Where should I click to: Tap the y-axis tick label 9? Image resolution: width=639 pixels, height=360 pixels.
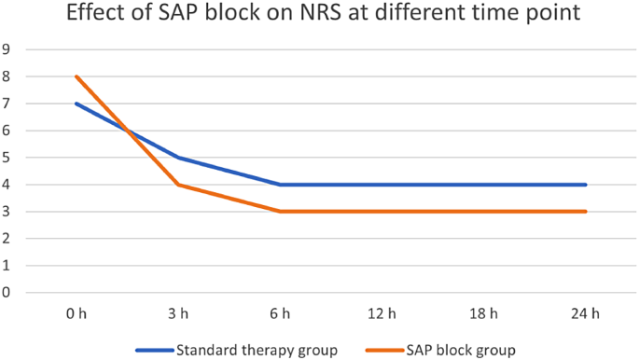(7, 49)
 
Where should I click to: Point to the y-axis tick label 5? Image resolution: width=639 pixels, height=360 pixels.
(7, 158)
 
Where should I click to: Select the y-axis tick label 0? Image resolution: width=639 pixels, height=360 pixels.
(7, 292)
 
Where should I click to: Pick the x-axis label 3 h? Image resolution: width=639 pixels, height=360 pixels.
(178, 313)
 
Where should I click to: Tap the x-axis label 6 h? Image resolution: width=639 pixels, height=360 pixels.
(280, 313)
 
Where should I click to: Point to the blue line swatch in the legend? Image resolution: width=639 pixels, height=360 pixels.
(155, 350)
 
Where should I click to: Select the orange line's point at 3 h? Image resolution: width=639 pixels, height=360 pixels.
(178, 185)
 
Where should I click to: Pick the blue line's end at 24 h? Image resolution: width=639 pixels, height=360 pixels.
(587, 185)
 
